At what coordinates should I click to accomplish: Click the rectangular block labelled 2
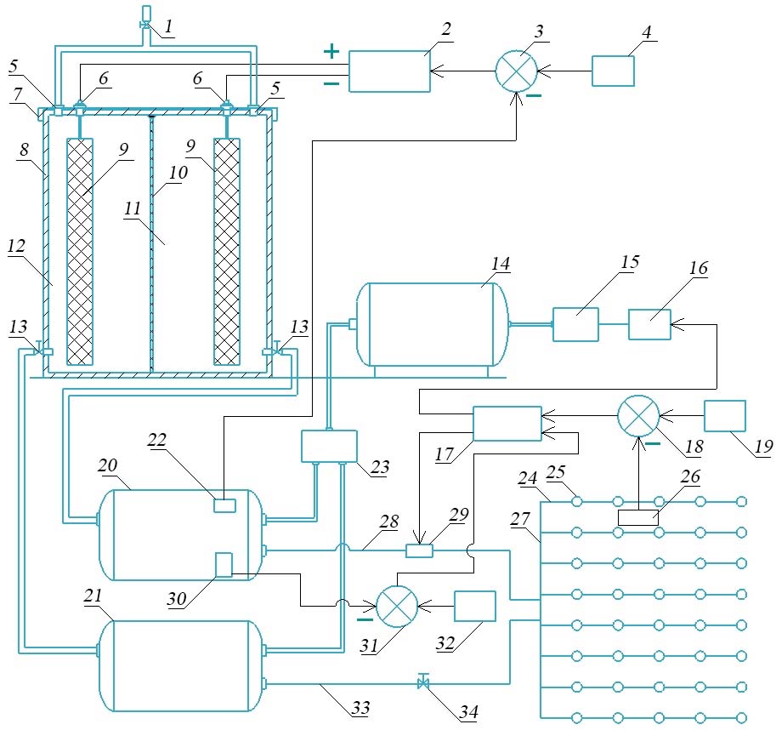pyautogui.click(x=389, y=71)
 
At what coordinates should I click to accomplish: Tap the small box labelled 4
pyautogui.click(x=613, y=71)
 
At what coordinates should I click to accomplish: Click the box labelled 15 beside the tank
pyautogui.click(x=575, y=324)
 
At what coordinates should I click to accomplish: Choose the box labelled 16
pyautogui.click(x=649, y=324)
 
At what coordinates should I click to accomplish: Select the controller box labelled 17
pyautogui.click(x=507, y=423)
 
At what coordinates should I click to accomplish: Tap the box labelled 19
pyautogui.click(x=725, y=417)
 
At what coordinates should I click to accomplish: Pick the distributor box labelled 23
pyautogui.click(x=330, y=446)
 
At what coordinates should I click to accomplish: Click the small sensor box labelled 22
pyautogui.click(x=224, y=505)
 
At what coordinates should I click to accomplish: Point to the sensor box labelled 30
pyautogui.click(x=224, y=565)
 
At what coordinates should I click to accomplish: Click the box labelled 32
pyautogui.click(x=475, y=607)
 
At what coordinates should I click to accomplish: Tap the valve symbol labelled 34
pyautogui.click(x=422, y=682)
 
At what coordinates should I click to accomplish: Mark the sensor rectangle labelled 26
pyautogui.click(x=637, y=517)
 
